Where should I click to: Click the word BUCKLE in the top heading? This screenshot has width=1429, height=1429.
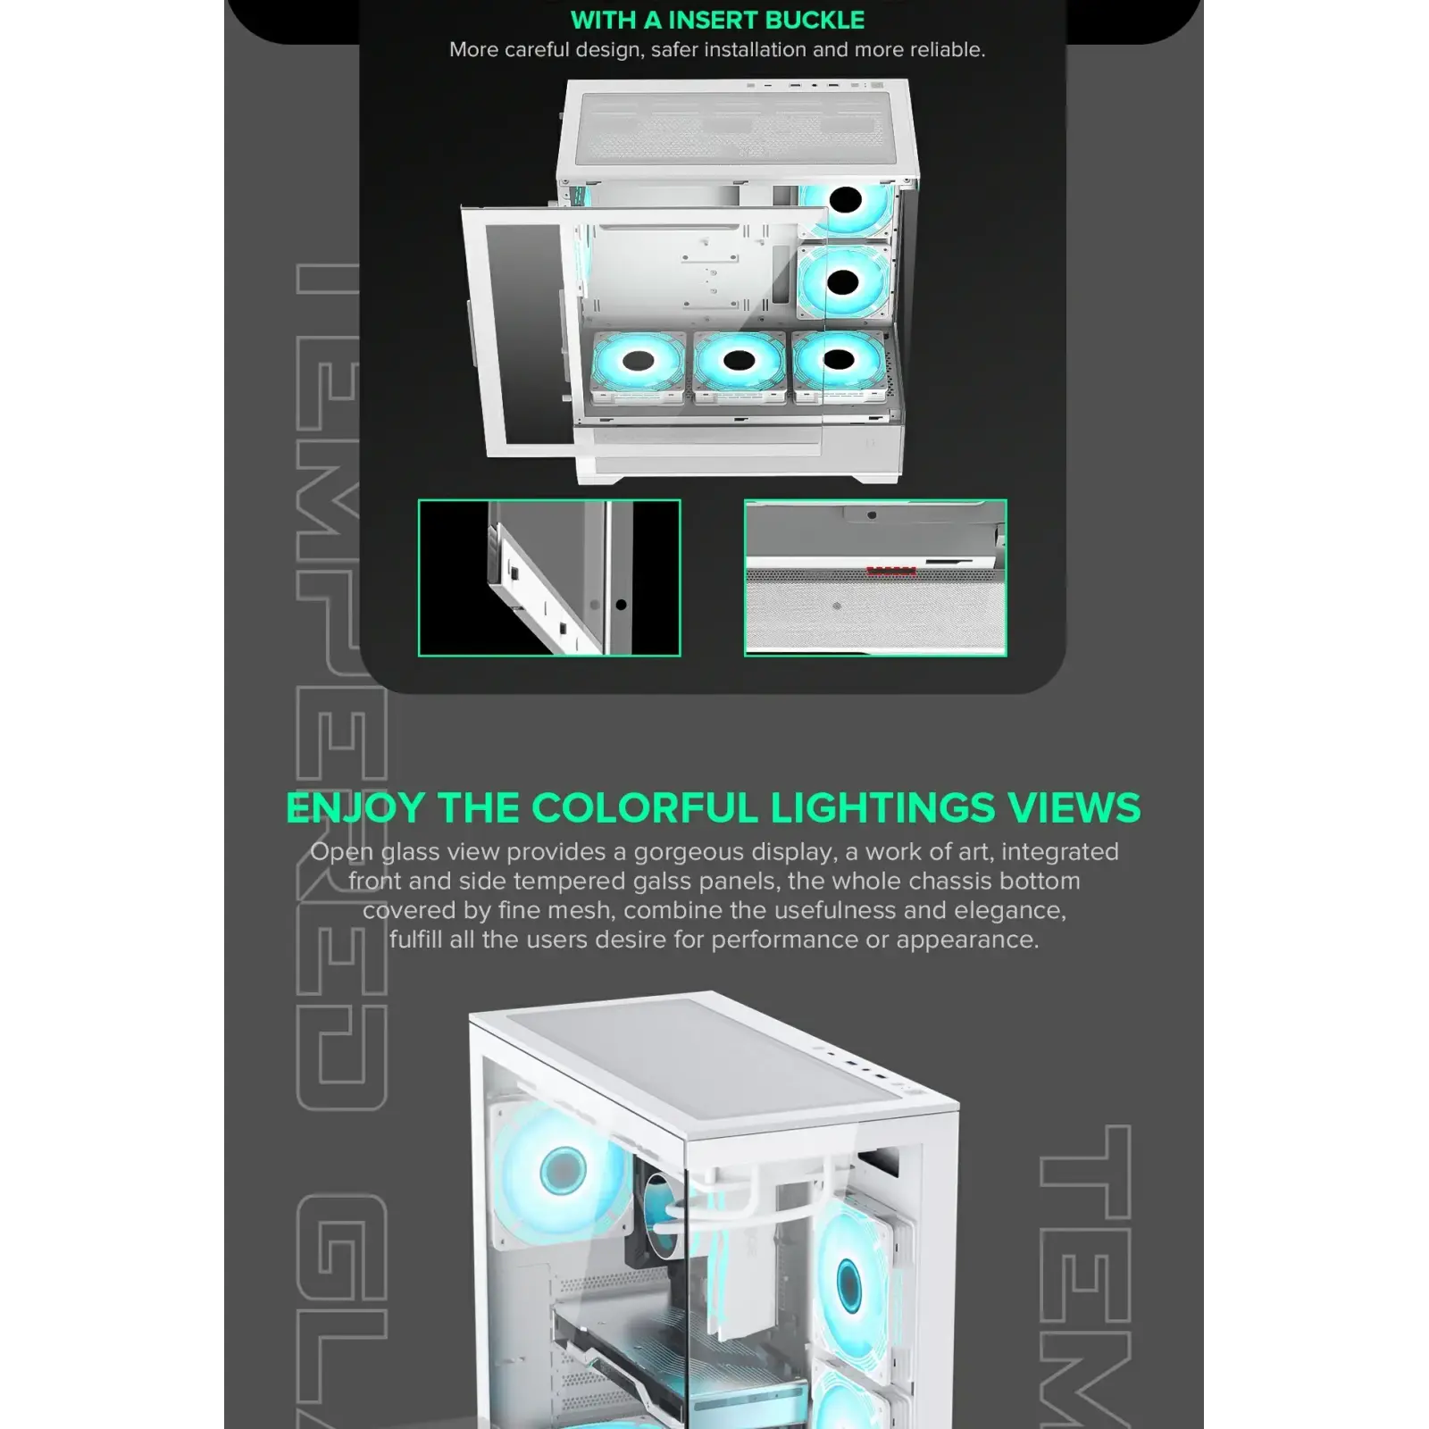pyautogui.click(x=812, y=20)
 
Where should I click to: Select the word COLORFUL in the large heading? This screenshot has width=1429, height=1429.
pyautogui.click(x=647, y=808)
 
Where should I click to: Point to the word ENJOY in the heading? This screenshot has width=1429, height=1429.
pyautogui.click(x=355, y=808)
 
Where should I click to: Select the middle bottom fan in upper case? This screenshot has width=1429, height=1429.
pyautogui.click(x=740, y=362)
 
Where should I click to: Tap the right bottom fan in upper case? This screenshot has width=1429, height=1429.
pyautogui.click(x=839, y=361)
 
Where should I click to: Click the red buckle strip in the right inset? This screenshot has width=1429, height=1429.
pyautogui.click(x=891, y=571)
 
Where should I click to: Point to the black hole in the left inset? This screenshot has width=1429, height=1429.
pyautogui.click(x=622, y=605)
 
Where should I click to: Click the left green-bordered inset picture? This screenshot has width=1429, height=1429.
pyautogui.click(x=549, y=578)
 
